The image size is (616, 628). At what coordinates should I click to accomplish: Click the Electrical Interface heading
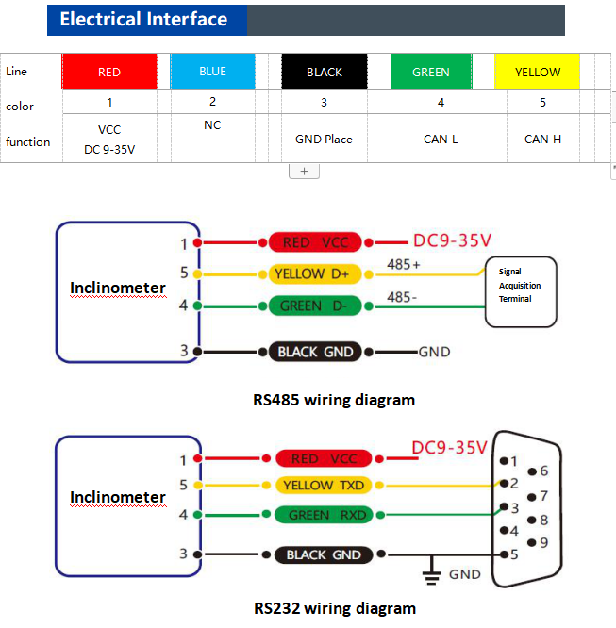[x=143, y=20]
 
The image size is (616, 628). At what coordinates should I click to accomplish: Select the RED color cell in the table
[x=109, y=72]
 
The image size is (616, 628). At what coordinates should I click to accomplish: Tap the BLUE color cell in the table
[x=212, y=72]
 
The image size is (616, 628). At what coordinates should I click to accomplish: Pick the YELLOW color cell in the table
[x=537, y=72]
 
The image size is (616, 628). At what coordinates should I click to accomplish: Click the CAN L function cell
[x=441, y=140]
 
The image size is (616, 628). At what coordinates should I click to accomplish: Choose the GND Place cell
[x=324, y=140]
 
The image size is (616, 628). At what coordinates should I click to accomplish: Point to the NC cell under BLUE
[x=212, y=125]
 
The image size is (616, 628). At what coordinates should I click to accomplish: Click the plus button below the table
[x=304, y=172]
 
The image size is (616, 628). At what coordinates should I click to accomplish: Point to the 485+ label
[x=403, y=265]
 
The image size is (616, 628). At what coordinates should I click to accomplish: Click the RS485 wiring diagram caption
[x=334, y=400]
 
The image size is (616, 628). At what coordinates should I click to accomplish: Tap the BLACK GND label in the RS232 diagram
[x=323, y=554]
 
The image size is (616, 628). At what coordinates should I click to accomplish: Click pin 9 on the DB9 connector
[x=532, y=542]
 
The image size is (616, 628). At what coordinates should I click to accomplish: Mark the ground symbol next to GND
[x=432, y=572]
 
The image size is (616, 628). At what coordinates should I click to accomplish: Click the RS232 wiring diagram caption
[x=334, y=608]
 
